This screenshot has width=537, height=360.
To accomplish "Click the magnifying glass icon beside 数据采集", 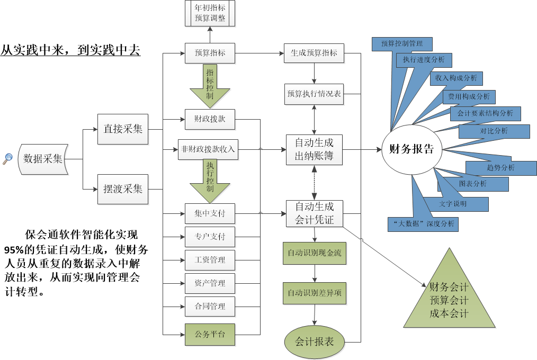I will point(8,158).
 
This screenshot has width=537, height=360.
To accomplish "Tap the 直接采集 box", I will point(123,128).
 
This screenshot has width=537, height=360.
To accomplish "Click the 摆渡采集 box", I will point(123,188).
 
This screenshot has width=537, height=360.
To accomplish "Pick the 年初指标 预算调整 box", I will point(210,13).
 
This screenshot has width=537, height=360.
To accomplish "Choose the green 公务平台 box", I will point(210,334).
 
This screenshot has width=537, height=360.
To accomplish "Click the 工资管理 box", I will point(210,260).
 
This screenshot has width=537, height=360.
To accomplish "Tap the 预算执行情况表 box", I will point(315,94).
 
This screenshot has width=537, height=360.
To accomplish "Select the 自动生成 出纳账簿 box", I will point(315,149).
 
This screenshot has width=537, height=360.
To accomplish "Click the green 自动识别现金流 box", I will point(315,253).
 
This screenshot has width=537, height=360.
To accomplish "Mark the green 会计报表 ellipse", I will point(315,341).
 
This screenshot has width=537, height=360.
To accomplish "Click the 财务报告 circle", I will point(411,149).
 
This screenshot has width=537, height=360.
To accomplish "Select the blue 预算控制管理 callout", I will point(401,43).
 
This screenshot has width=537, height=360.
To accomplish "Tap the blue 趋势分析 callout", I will point(500,167).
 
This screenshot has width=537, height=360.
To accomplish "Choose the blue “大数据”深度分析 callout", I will point(423,224).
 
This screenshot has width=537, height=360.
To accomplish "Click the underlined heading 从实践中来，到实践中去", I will point(70,50).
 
